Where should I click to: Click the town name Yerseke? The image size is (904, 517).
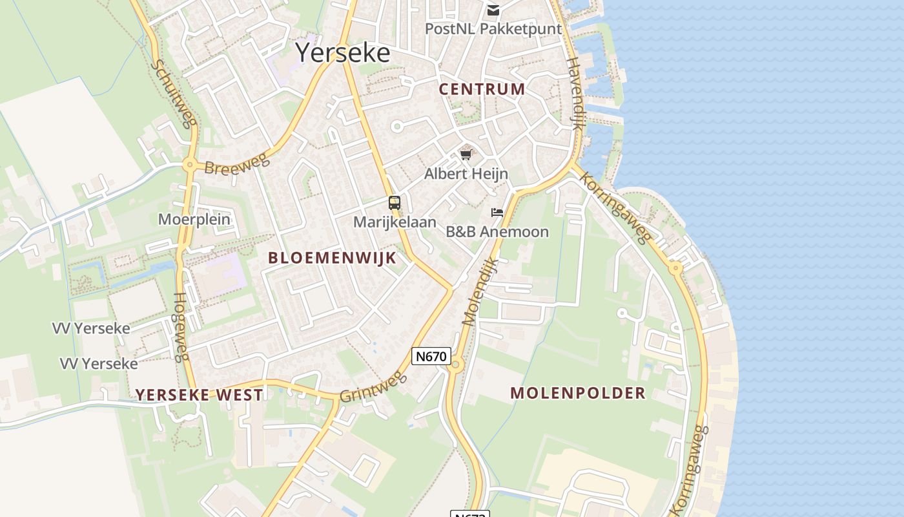pos(343,53)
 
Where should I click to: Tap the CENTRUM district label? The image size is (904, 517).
pos(482,89)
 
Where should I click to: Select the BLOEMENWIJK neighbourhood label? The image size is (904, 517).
pos(332,257)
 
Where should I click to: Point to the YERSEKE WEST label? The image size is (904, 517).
pos(199,395)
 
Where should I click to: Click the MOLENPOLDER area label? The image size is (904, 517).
pos(578,393)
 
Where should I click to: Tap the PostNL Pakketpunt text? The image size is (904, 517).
pos(493,29)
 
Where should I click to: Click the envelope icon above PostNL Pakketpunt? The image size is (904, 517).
pos(493,10)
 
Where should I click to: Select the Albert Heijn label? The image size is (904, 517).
pos(466,174)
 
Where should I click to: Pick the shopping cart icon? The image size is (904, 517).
pos(466,154)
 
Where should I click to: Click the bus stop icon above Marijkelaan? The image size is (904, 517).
pos(395,203)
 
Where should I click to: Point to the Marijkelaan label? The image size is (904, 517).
pos(395,222)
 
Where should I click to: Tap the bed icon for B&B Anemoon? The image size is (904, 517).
pos(497,212)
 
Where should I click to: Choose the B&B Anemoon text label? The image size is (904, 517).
pos(497,231)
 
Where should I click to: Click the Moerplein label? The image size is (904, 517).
pos(194,219)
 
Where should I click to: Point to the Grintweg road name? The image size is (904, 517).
pos(373,387)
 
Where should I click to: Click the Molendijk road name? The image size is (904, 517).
pos(480,291)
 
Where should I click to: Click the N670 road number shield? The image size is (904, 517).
pos(431,355)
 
